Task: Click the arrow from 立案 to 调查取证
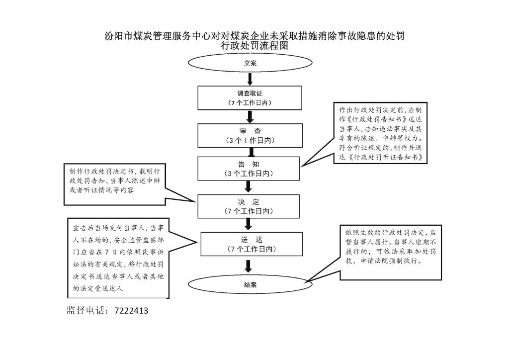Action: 250,79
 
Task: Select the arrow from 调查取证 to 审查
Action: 250,117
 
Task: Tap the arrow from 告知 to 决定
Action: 249,186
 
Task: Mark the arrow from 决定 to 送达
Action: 249,224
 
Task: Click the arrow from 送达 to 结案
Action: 249,266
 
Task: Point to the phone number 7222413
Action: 131,311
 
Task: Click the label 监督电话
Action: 85,311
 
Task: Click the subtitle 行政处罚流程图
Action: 254,46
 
